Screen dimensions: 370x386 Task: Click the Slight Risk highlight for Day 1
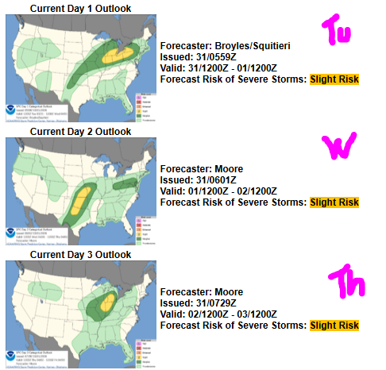click(x=334, y=79)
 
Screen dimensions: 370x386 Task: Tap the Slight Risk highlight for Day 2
click(x=334, y=202)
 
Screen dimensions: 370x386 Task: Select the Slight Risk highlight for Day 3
click(x=334, y=326)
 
